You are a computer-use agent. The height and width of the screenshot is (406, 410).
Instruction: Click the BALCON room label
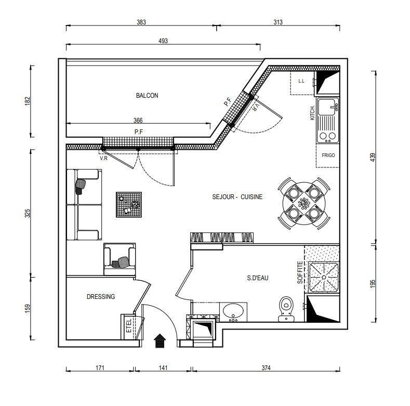147,96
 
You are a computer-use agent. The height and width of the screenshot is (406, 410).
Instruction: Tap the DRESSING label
101,296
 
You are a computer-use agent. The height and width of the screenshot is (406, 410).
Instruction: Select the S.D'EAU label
258,278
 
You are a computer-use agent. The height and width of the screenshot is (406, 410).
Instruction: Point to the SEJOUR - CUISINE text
237,197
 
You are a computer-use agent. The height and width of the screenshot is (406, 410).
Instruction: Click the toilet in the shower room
286,309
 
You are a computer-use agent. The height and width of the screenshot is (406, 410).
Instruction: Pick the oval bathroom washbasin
233,310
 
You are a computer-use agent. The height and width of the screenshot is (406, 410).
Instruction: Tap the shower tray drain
324,277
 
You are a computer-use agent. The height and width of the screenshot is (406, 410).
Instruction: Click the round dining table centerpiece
304,203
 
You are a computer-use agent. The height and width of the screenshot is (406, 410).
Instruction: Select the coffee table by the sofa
129,205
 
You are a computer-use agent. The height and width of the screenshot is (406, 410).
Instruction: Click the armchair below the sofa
120,259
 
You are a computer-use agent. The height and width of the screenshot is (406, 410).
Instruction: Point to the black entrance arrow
160,340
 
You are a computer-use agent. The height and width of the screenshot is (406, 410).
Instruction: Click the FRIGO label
328,155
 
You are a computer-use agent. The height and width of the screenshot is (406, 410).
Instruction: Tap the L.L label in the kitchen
301,81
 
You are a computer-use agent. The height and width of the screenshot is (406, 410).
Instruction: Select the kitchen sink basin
327,107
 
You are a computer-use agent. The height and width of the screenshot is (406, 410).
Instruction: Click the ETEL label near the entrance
129,325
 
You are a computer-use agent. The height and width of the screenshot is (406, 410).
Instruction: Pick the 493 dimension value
163,41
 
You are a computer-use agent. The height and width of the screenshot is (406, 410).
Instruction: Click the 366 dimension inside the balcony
138,120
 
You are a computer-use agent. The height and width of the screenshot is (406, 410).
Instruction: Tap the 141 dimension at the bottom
163,368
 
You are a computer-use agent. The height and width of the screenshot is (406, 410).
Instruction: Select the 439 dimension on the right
373,157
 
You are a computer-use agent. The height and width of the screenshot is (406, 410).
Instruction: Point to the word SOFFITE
300,272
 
